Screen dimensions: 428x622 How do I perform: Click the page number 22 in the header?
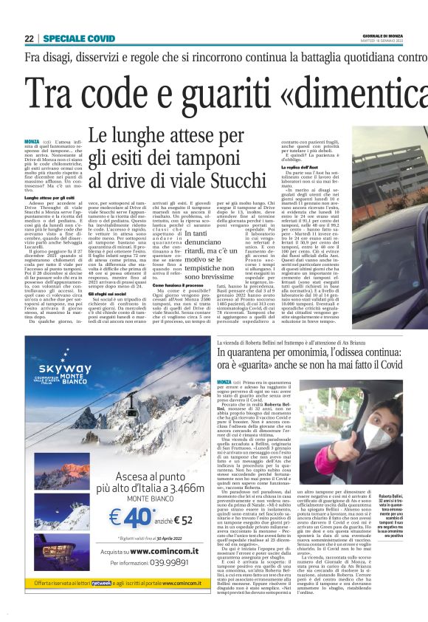coord(29,38)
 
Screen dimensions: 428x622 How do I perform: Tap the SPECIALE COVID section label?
coord(78,38)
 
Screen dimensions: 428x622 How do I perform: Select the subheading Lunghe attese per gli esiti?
coord(48,198)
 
